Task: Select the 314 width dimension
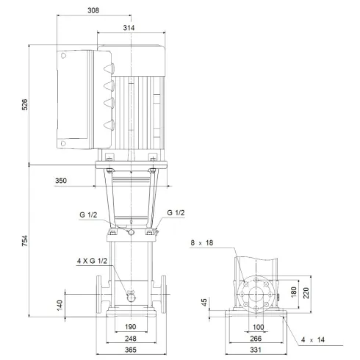coord(130,27)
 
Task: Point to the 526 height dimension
coord(25,104)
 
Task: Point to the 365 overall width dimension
coord(130,351)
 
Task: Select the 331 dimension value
coord(258,351)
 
